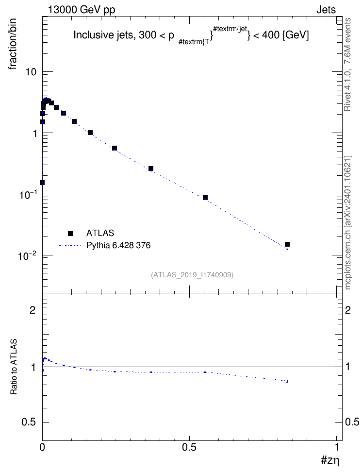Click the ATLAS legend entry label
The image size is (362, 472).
click(x=100, y=233)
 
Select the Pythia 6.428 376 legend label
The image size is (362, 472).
click(x=118, y=246)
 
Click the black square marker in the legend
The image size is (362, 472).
click(x=70, y=233)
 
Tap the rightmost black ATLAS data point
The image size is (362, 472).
click(x=287, y=244)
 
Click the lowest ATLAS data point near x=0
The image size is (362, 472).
click(x=42, y=183)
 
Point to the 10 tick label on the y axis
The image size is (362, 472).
click(x=31, y=72)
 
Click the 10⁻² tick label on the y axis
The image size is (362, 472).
click(x=27, y=255)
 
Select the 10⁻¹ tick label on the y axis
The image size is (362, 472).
click(x=27, y=194)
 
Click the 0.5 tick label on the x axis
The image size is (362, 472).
click(x=189, y=447)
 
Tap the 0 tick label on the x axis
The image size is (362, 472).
click(x=42, y=447)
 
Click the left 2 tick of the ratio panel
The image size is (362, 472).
click(x=33, y=310)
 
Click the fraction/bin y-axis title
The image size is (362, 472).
click(x=12, y=44)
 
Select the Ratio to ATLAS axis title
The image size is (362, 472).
click(x=14, y=367)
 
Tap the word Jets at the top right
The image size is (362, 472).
click(x=326, y=10)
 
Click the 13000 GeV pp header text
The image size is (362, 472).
click(x=82, y=10)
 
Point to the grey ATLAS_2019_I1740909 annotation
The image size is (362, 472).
click(x=192, y=275)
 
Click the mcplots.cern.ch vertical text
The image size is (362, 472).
click(x=348, y=223)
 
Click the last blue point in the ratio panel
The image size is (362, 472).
click(x=287, y=381)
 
